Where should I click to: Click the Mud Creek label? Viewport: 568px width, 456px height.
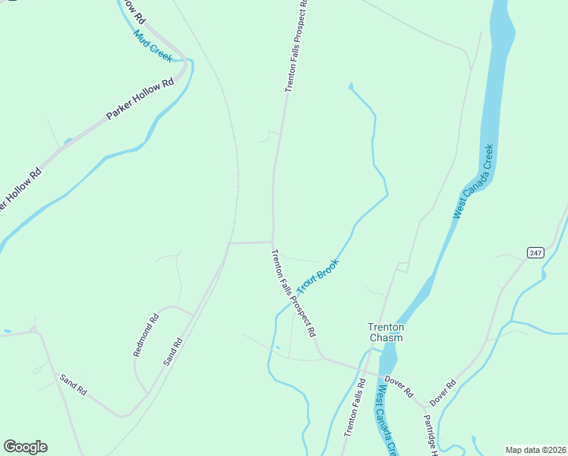(153, 46)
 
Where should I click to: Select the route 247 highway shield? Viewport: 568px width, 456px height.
(536, 252)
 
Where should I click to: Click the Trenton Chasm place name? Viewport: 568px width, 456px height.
(386, 332)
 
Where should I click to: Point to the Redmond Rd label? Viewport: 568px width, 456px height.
(145, 334)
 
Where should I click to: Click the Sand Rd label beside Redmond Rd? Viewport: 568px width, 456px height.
(173, 353)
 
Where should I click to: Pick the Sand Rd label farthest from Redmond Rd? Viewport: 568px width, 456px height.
(74, 385)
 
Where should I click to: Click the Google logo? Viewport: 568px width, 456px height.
(25, 447)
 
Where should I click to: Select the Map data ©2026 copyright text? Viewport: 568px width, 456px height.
(535, 449)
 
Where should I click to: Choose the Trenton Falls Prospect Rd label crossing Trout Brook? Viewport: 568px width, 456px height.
(293, 293)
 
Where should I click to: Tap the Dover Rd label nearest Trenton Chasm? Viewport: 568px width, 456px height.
(398, 385)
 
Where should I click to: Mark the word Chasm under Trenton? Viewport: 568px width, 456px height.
(386, 337)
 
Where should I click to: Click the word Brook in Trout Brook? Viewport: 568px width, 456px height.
(327, 268)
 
